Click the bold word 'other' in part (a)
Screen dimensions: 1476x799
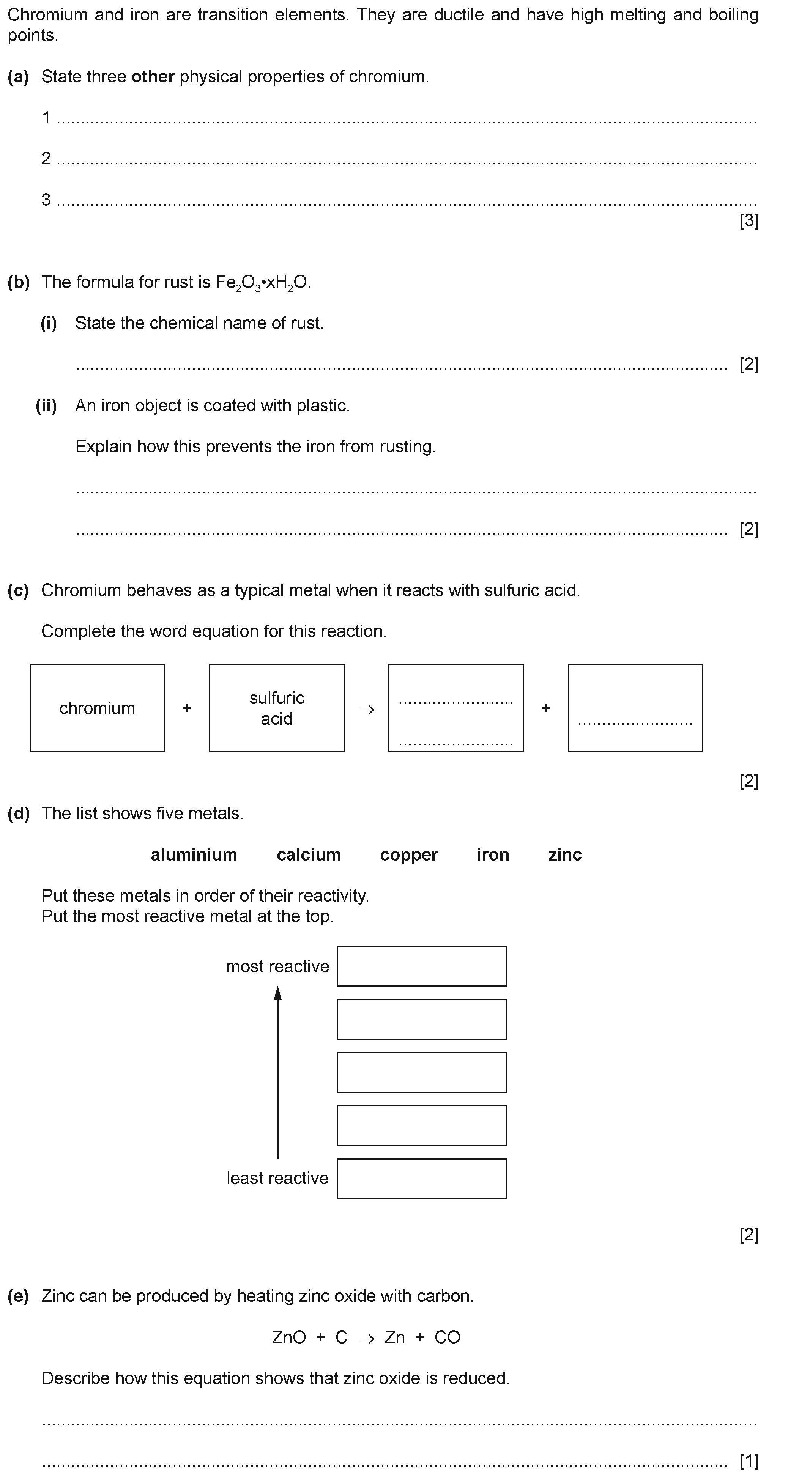click(153, 77)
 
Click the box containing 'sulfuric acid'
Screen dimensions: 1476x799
click(276, 708)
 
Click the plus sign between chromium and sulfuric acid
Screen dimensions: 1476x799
click(186, 708)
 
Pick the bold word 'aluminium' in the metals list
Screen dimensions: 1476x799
click(194, 854)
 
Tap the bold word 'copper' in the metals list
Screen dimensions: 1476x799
click(409, 854)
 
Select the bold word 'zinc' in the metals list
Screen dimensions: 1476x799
click(564, 854)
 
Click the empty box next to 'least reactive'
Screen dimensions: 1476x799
click(421, 1178)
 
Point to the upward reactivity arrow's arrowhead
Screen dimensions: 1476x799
click(277, 993)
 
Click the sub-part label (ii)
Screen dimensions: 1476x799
click(46, 406)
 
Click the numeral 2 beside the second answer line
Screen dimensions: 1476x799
click(46, 158)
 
